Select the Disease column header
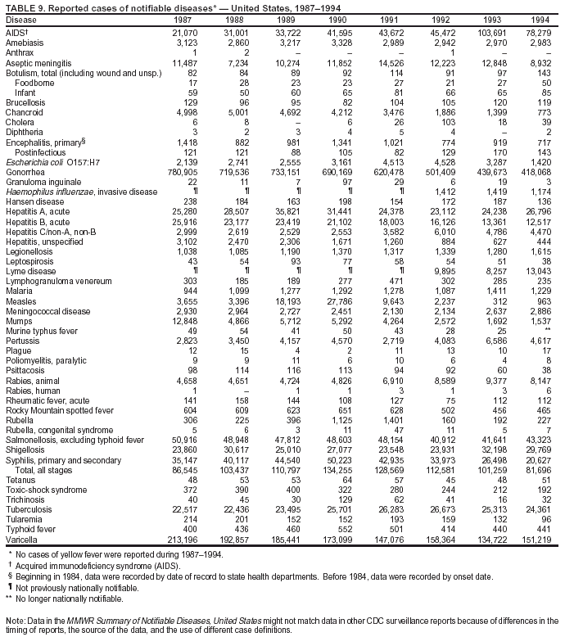[20, 19]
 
